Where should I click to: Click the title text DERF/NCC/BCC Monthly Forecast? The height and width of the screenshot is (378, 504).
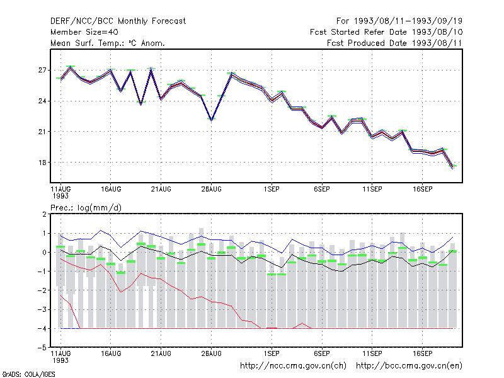[x=118, y=21]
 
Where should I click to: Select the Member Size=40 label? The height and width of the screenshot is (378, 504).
[x=84, y=32]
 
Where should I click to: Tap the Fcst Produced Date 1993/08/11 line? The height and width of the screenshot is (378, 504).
[x=394, y=43]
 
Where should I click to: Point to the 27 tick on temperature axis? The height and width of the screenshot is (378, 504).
[x=42, y=70]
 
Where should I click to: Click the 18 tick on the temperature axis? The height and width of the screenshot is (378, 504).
[x=42, y=163]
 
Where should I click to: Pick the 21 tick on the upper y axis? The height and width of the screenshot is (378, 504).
[x=42, y=132]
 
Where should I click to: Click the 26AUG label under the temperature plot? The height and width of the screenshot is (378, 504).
[x=212, y=190]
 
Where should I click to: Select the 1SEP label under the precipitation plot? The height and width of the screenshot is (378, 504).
[x=272, y=353]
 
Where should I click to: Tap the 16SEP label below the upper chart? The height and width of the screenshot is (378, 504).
[x=422, y=190]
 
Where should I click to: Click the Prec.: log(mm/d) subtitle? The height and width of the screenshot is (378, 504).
[x=86, y=208]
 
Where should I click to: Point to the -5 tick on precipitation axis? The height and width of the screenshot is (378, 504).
[x=42, y=348]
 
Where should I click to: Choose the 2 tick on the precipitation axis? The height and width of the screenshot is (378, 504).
[x=44, y=214]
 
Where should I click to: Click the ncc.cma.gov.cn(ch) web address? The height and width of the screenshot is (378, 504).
[x=293, y=366]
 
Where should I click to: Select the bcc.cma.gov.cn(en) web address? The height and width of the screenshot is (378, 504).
[x=409, y=366]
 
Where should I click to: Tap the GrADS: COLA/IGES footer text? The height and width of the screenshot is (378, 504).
[x=28, y=374]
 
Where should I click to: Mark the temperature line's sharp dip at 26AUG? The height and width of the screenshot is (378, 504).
[x=212, y=120]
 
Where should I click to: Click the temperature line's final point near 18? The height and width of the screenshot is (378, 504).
[x=452, y=167]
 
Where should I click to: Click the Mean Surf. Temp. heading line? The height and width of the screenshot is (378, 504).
[x=108, y=43]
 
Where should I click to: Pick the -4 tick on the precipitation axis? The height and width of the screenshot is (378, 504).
[x=42, y=328]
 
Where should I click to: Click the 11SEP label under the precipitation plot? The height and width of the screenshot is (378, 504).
[x=372, y=353]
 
